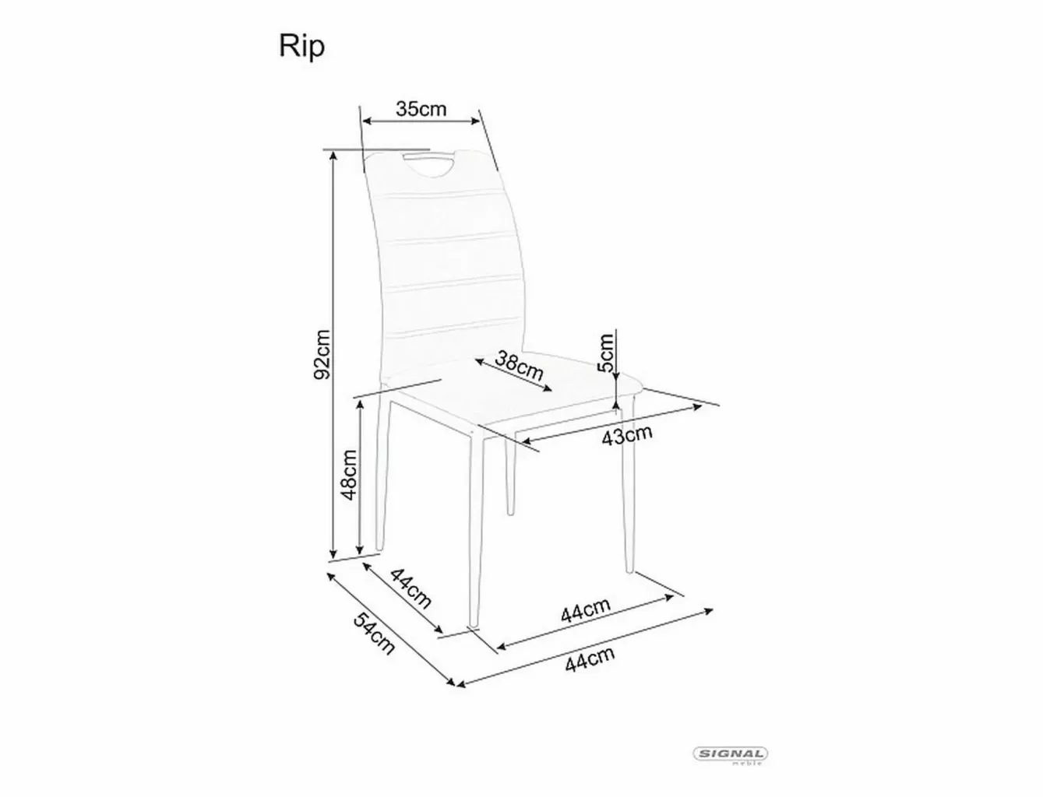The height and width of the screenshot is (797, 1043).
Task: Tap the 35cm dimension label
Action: pyautogui.click(x=421, y=109)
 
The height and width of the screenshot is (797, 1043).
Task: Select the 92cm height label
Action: pyautogui.click(x=322, y=354)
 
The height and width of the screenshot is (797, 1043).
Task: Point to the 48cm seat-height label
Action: pyautogui.click(x=349, y=475)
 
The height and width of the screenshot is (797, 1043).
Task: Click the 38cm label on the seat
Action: pyautogui.click(x=519, y=366)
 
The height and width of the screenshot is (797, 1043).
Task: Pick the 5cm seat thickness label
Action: pyautogui.click(x=606, y=353)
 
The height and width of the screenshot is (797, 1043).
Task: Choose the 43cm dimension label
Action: pyautogui.click(x=627, y=435)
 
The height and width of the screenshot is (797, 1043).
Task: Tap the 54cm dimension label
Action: pyautogui.click(x=374, y=634)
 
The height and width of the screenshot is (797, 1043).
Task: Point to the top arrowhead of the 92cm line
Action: pyautogui.click(x=333, y=156)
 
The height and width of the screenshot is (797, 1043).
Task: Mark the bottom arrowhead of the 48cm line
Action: pyautogui.click(x=360, y=549)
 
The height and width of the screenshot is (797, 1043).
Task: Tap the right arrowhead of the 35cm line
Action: pyautogui.click(x=475, y=121)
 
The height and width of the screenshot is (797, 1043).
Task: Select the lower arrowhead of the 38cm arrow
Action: pyautogui.click(x=548, y=388)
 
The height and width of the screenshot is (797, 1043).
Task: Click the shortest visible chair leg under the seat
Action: pyautogui.click(x=510, y=478)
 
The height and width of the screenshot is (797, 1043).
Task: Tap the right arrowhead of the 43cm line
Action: pyautogui.click(x=698, y=407)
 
